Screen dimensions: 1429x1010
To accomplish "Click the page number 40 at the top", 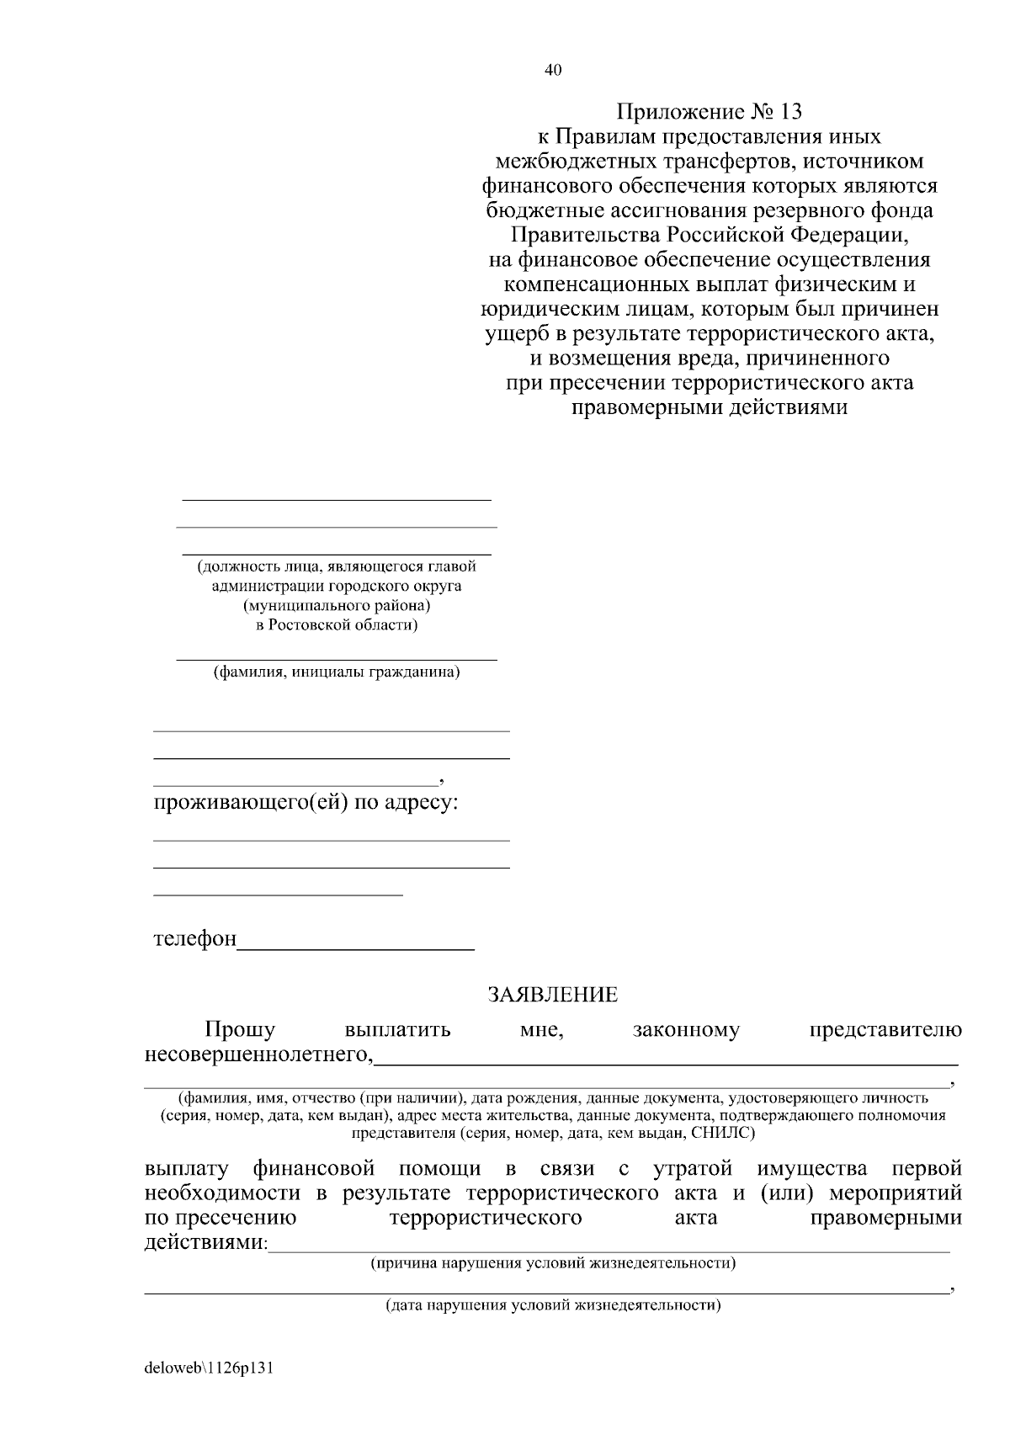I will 553,70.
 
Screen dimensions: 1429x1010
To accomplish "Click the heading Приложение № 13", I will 710,111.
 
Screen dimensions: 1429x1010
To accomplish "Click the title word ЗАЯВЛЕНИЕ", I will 553,995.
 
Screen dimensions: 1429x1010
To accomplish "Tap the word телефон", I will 195,938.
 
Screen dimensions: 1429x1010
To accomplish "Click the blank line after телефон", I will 356,947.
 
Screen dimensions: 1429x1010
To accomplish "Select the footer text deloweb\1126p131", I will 210,1368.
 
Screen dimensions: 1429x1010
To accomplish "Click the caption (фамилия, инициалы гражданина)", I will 337,672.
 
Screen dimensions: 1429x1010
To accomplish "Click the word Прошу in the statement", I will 240,1029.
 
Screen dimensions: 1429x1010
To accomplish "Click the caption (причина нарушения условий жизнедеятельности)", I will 553,1263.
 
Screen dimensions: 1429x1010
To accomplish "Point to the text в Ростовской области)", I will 337,624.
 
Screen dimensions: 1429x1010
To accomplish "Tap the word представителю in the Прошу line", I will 885,1029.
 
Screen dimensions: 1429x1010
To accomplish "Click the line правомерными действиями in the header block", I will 710,408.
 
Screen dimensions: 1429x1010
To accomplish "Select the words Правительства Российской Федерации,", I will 710,234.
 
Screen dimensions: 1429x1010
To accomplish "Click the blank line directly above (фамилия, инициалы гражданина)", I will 337,659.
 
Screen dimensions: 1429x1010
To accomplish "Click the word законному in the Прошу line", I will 686,1029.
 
